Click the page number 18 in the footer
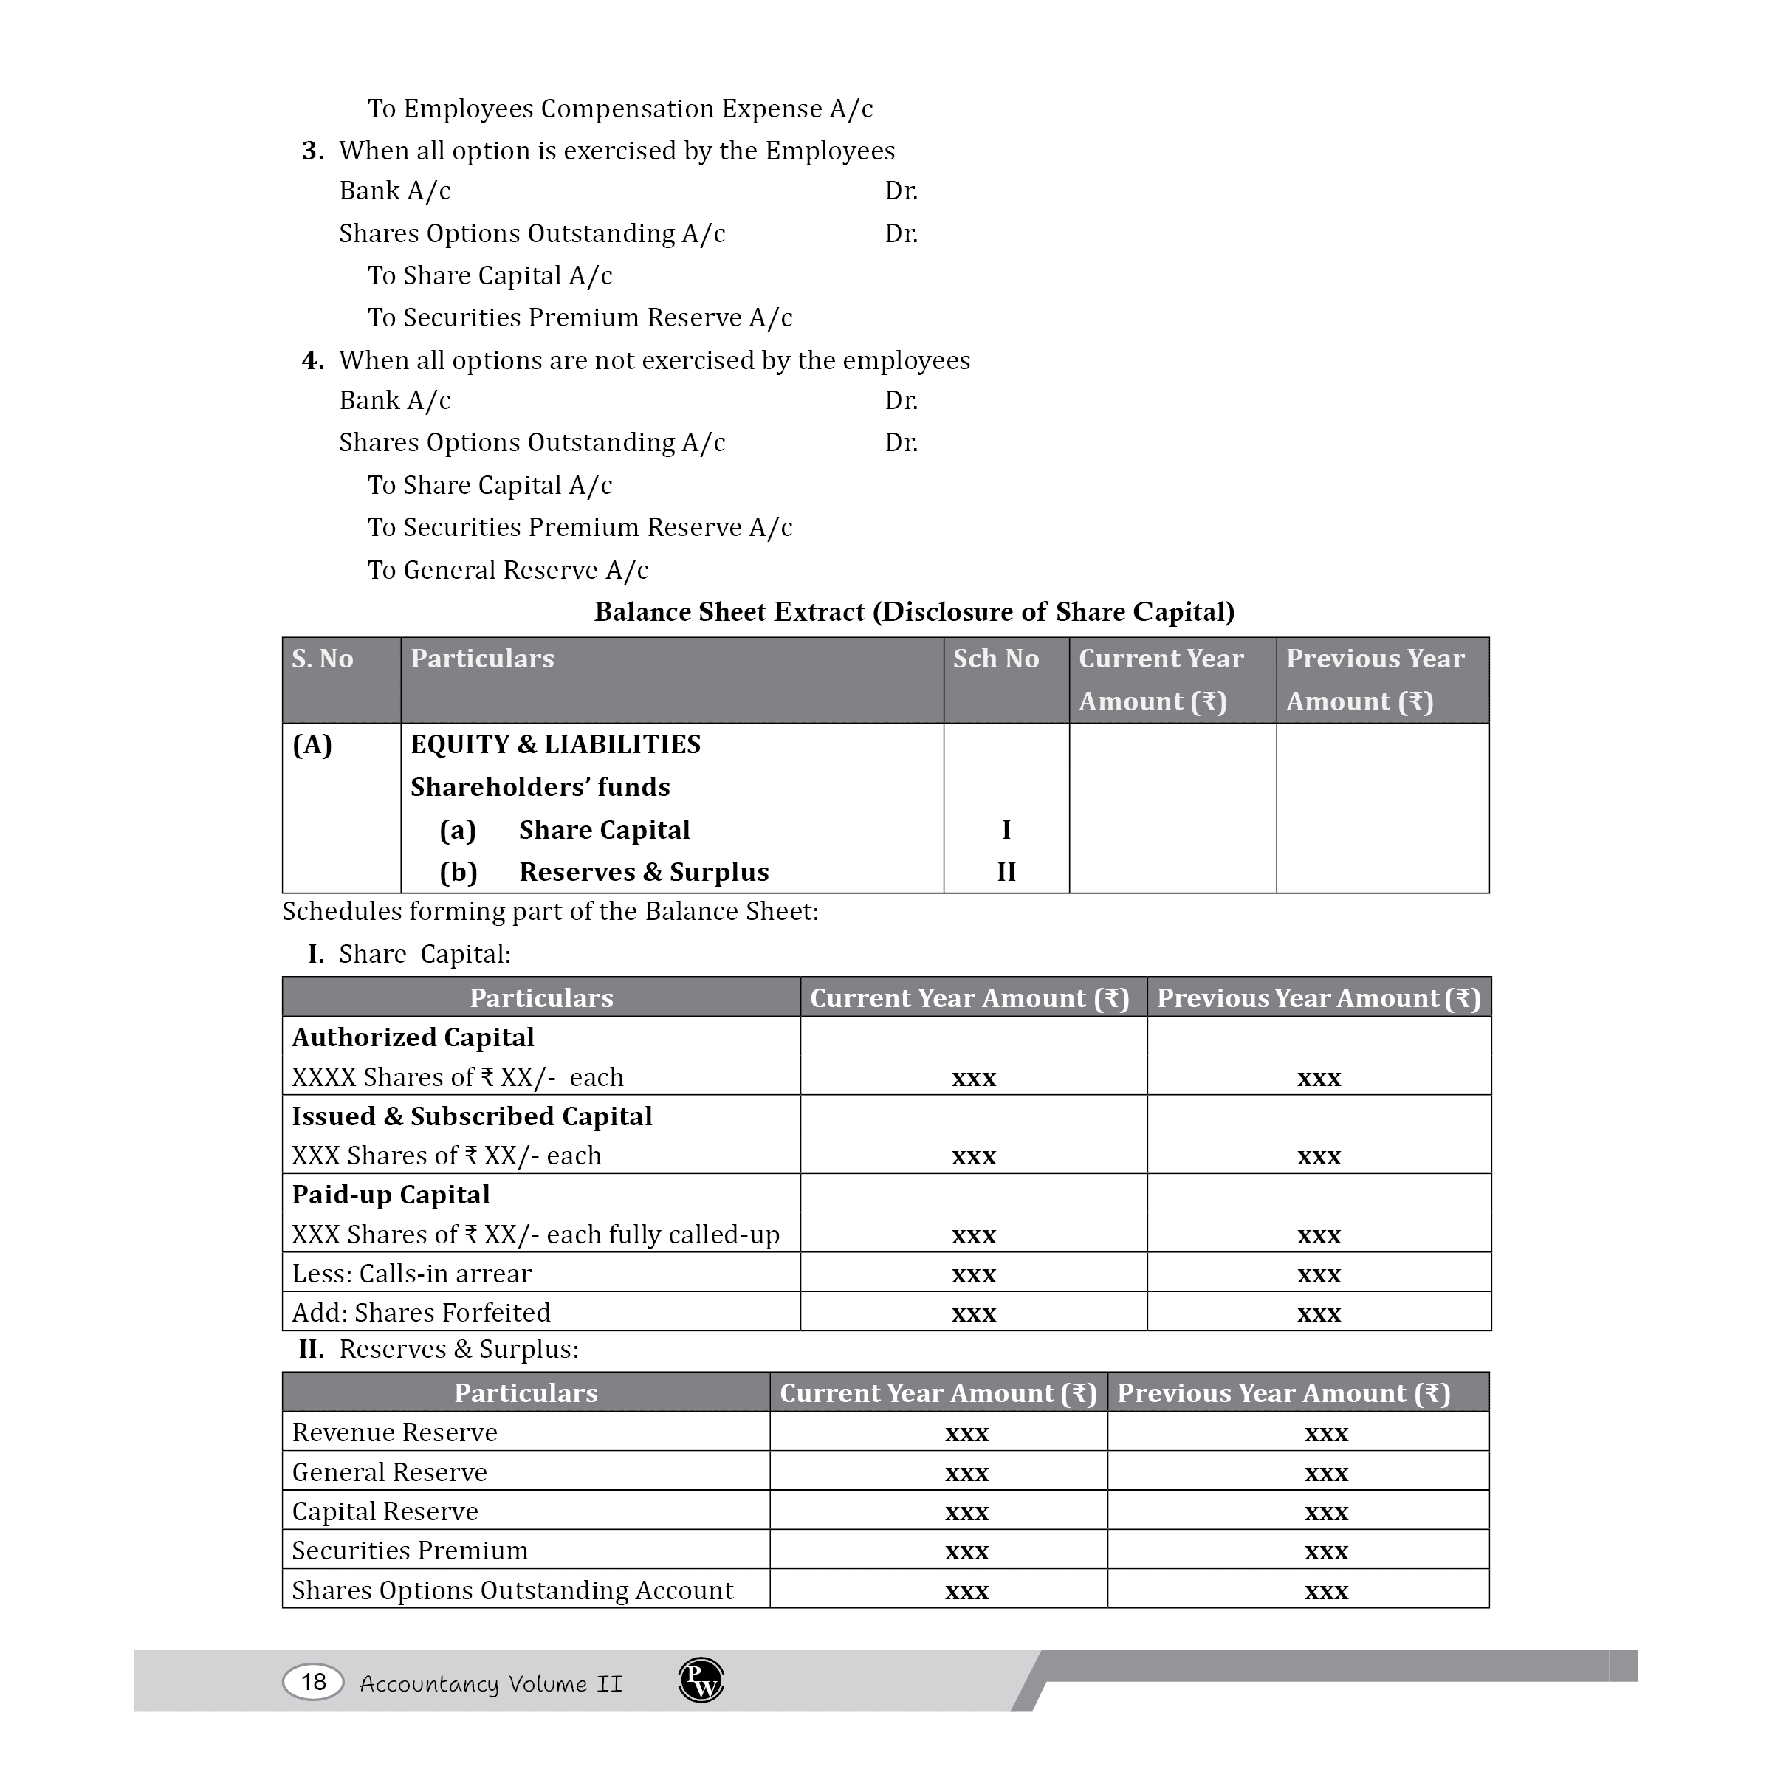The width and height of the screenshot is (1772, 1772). click(x=313, y=1681)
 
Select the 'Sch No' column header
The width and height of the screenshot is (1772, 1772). click(x=995, y=659)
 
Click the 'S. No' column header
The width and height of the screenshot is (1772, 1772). click(x=322, y=659)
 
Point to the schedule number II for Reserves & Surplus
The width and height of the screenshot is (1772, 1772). click(x=1006, y=871)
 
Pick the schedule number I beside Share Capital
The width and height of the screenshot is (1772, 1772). click(x=1006, y=829)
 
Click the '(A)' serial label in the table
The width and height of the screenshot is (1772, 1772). click(x=312, y=744)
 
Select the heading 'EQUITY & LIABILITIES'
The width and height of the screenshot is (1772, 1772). click(x=555, y=744)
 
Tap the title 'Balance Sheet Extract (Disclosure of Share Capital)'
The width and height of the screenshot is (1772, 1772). click(x=913, y=612)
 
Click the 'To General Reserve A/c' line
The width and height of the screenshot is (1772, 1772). click(x=507, y=569)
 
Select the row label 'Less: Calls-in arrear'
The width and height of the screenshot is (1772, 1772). click(x=411, y=1273)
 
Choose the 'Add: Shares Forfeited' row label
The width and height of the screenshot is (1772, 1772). click(x=421, y=1313)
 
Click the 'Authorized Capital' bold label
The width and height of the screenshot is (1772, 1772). click(x=413, y=1037)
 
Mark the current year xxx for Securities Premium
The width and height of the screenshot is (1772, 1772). click(x=966, y=1551)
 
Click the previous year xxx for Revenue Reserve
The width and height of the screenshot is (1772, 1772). click(x=1326, y=1432)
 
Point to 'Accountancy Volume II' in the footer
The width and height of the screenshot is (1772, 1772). click(x=491, y=1683)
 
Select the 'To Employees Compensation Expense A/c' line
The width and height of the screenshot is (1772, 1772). click(x=620, y=109)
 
